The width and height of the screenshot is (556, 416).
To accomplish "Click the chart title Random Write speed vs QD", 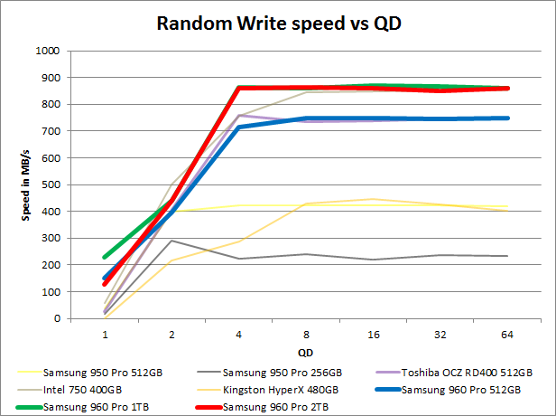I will point(278,23).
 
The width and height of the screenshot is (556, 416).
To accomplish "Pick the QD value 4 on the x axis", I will point(237,333).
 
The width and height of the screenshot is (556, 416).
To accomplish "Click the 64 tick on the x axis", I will point(505,333).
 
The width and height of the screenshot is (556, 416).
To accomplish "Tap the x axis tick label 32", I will point(439,333).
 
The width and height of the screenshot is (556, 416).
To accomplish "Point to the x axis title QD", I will point(305,351).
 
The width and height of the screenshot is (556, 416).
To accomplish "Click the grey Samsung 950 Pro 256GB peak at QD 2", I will point(171,241).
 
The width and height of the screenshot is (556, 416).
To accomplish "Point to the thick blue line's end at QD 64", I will point(505,118).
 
